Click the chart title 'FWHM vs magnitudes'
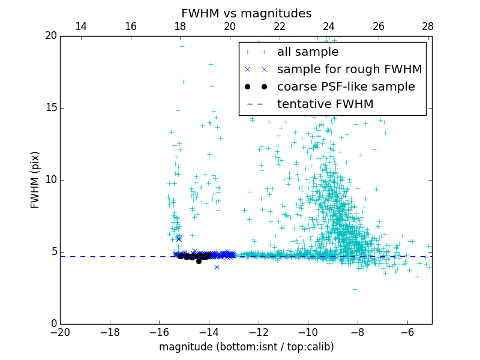246,13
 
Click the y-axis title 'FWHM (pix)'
35,179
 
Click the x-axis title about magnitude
246,347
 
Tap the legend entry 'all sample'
308,52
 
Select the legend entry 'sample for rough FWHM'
349,70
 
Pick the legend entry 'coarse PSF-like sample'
346,87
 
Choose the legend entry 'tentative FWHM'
325,104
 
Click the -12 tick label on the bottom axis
258,332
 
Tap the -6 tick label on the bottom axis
407,332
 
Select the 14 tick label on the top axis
80,26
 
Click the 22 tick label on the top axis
279,26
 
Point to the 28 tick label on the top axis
428,26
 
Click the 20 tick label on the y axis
50,36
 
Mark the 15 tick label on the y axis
50,108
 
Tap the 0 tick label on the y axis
53,324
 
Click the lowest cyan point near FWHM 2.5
355,289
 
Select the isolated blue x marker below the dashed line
217,267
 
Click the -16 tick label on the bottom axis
159,332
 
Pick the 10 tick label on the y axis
50,180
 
